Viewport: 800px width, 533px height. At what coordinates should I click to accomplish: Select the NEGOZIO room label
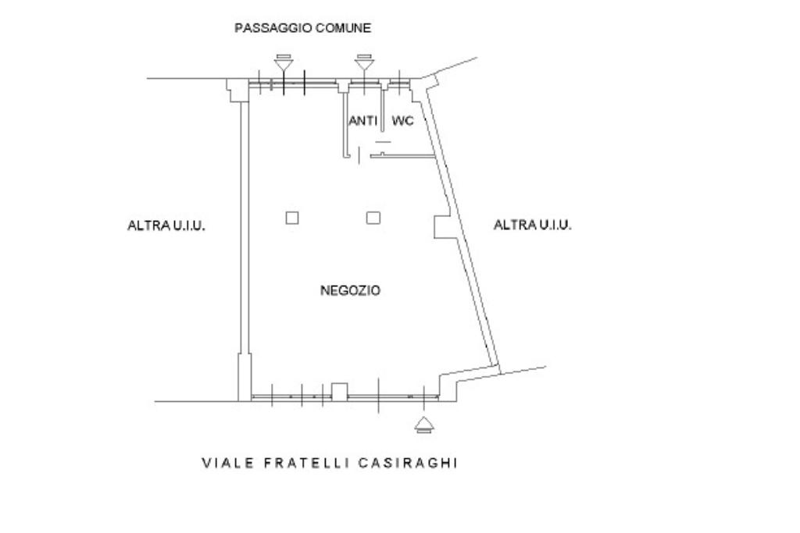350,290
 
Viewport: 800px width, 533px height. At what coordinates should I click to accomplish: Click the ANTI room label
363,121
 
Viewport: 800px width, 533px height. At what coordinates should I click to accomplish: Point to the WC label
403,121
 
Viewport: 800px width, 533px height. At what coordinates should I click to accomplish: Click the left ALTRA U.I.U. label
166,226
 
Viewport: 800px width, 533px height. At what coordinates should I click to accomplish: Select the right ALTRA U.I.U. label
533,225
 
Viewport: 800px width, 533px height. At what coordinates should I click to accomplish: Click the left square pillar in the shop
291,218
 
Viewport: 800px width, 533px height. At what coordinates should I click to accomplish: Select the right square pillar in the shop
373,218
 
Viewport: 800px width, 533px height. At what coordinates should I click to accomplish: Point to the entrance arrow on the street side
423,425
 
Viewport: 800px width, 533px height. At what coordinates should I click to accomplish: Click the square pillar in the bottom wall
339,391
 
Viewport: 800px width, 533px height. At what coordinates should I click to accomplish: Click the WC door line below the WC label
383,142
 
